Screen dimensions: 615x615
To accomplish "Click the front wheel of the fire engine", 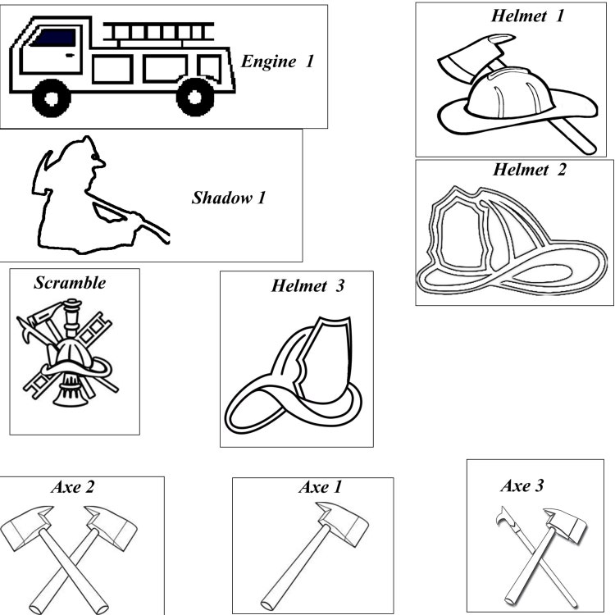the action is (51, 98).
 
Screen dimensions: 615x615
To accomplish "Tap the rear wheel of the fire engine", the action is (195, 98).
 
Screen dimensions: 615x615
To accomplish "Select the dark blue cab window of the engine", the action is (53, 38).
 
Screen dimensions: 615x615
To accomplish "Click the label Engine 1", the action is (278, 61).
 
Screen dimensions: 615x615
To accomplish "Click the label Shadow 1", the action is (229, 198).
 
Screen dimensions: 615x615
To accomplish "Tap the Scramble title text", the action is (70, 283).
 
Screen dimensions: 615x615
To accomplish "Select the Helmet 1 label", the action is (527, 16).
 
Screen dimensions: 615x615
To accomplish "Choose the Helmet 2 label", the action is (530, 170).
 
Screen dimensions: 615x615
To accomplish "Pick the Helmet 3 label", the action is (307, 285).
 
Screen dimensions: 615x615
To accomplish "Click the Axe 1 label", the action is (321, 487).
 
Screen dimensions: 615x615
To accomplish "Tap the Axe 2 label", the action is (73, 487).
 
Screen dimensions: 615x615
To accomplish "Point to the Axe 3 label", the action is (522, 485).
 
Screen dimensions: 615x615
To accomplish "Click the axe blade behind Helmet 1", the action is (476, 55).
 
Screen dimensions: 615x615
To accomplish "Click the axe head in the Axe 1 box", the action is (344, 524).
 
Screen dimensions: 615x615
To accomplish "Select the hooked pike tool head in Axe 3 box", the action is (505, 517).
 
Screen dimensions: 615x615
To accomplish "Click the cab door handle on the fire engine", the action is (70, 55).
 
